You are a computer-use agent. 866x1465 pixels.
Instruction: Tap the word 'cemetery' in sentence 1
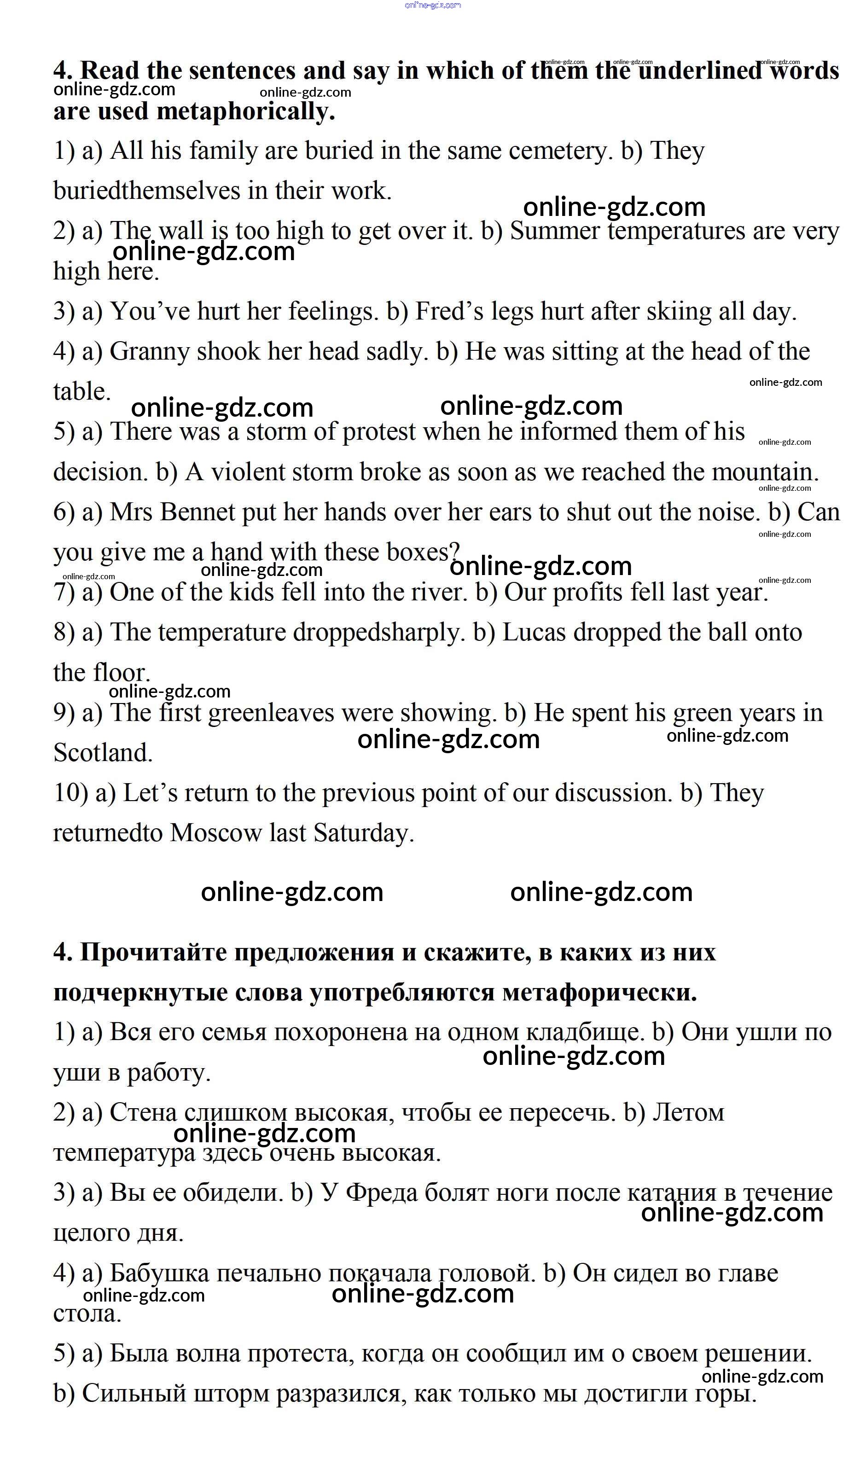560,151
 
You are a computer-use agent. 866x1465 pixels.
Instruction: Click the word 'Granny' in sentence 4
149,352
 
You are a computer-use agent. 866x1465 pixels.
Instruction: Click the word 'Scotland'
103,753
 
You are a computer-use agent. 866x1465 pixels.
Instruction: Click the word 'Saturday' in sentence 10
364,833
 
